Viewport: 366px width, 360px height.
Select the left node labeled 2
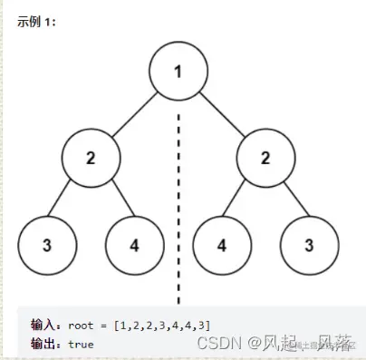[91, 157]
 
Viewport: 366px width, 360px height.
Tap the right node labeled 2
[265, 157]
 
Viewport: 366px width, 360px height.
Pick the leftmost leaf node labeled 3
[46, 244]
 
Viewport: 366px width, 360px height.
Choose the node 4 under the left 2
[134, 244]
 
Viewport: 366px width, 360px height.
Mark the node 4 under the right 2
[222, 244]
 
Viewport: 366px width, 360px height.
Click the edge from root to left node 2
[134, 112]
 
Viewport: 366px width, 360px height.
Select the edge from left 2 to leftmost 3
[68, 200]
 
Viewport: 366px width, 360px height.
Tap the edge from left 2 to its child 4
[112, 200]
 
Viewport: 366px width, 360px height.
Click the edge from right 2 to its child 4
[243, 200]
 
